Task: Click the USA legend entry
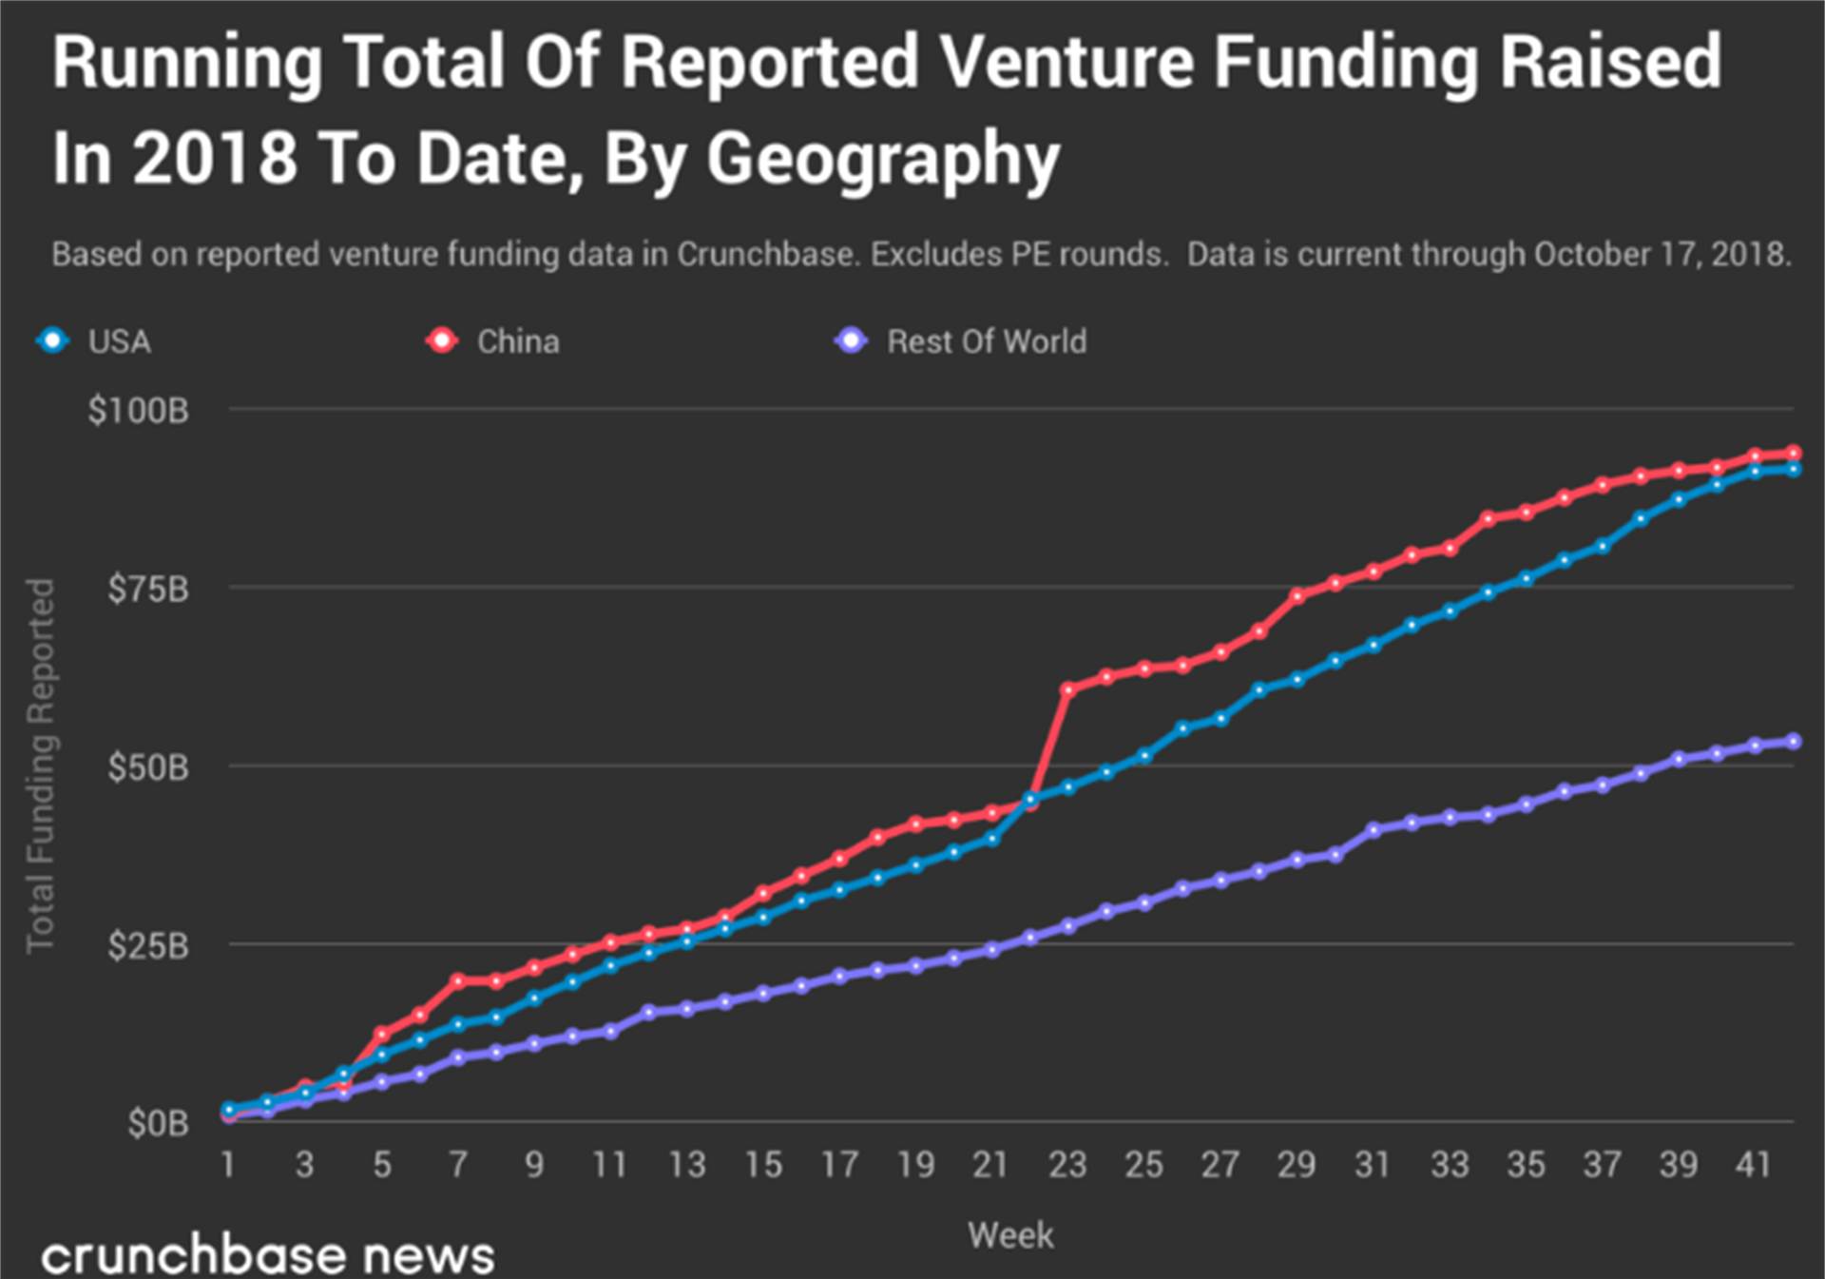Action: coord(95,341)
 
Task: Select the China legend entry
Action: coord(494,341)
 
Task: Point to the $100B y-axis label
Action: coord(139,411)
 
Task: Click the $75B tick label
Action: coord(148,590)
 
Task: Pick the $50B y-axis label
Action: coord(148,767)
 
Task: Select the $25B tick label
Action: coord(148,946)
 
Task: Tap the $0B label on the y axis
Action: coord(158,1124)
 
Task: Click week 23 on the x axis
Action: coord(1067,1165)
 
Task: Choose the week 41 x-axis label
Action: coord(1754,1165)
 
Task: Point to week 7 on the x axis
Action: coord(458,1165)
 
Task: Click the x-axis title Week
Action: coord(1010,1235)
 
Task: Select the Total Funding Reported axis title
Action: coord(40,765)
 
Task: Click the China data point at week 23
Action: coord(1067,689)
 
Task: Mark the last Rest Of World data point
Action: coord(1794,742)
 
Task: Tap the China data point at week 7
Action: coord(458,980)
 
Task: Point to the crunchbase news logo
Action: coord(268,1255)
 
